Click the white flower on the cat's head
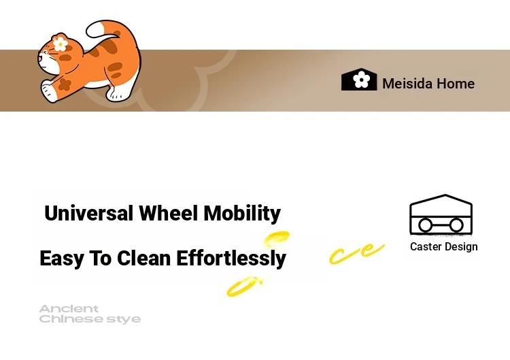click(x=60, y=44)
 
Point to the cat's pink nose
click(x=39, y=59)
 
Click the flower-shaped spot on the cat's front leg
click(x=65, y=84)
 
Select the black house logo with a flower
click(x=359, y=80)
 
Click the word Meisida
click(x=407, y=84)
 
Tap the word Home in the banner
click(x=456, y=84)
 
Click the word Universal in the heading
click(x=89, y=213)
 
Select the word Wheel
click(x=169, y=213)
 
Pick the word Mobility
click(x=242, y=214)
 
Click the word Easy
click(x=61, y=259)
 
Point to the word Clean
click(x=143, y=258)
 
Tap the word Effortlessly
click(x=231, y=259)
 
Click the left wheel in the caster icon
click(x=425, y=225)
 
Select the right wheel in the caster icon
click(x=456, y=225)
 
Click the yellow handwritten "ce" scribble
click(x=357, y=253)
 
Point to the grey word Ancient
click(x=69, y=308)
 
